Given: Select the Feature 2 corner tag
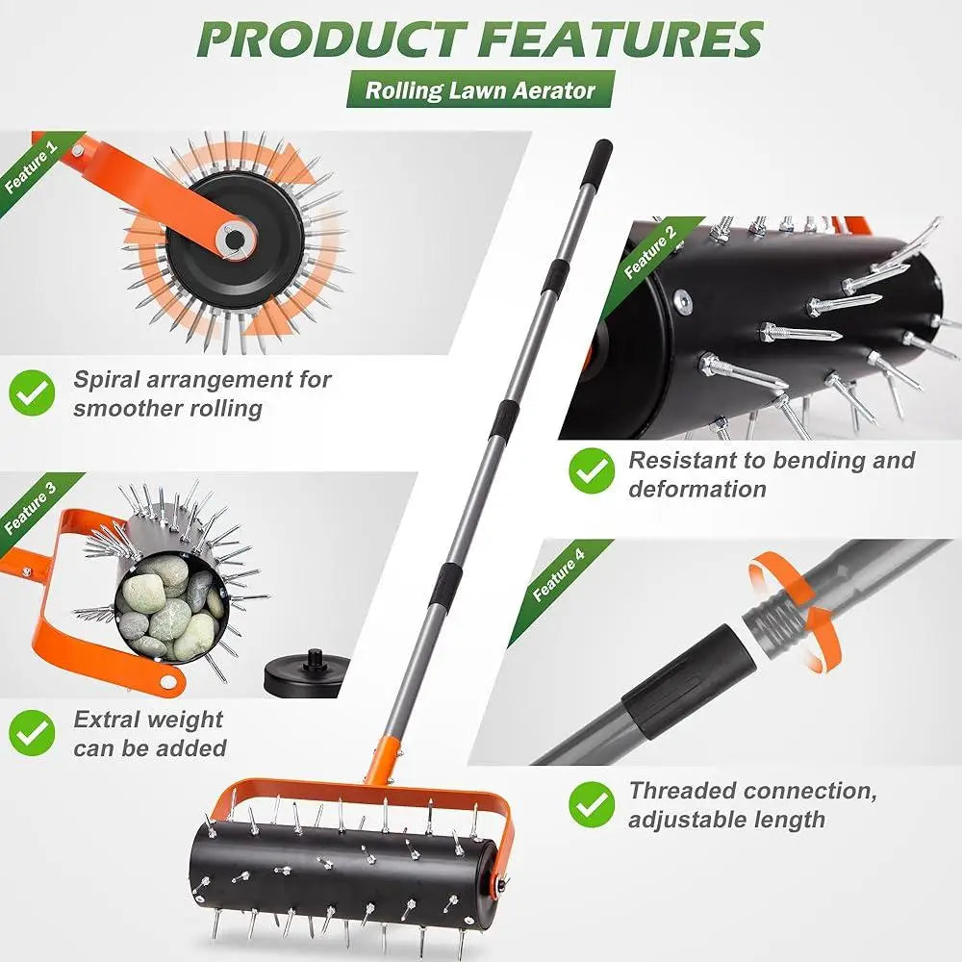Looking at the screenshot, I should click(x=650, y=252).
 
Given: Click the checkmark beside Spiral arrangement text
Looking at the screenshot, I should click(x=33, y=393).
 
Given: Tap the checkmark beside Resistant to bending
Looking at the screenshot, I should click(x=591, y=472).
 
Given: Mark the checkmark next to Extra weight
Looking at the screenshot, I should click(x=33, y=733).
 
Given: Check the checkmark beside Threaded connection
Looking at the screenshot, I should click(x=591, y=804).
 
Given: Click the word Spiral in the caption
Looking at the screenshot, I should click(x=109, y=379).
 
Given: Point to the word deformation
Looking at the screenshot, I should click(x=697, y=489).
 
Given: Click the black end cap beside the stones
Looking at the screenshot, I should click(x=306, y=673).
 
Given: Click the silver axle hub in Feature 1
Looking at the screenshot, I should click(x=233, y=238).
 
